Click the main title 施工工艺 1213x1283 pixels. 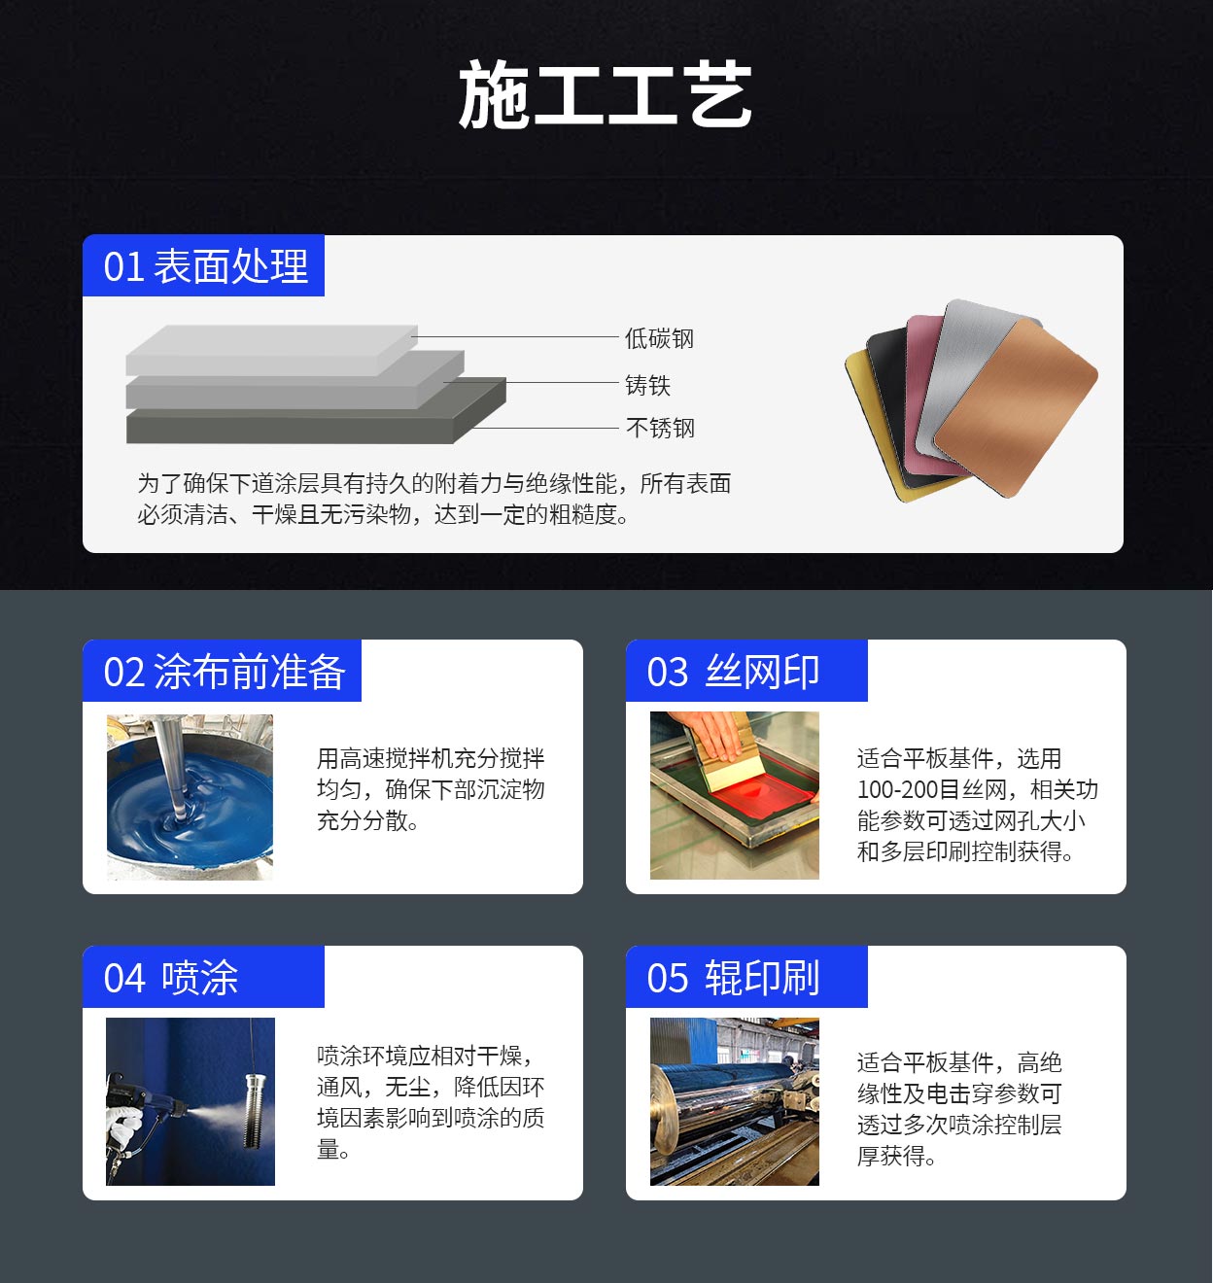click(x=606, y=94)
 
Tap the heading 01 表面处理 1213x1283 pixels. click(x=206, y=266)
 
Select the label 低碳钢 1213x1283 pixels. click(x=659, y=338)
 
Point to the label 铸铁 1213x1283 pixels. click(x=647, y=385)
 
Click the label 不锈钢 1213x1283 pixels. click(x=660, y=428)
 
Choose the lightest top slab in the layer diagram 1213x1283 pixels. click(x=271, y=349)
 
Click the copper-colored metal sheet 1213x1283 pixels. click(x=1016, y=408)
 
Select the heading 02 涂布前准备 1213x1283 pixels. click(x=224, y=672)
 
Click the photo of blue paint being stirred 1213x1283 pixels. click(x=190, y=797)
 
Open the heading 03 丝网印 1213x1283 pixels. click(x=733, y=672)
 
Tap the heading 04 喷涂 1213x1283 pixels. click(x=170, y=978)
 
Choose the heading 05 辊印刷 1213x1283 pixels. click(x=733, y=978)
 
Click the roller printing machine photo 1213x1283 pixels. click(x=735, y=1101)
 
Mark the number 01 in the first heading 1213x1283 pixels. click(x=123, y=267)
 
